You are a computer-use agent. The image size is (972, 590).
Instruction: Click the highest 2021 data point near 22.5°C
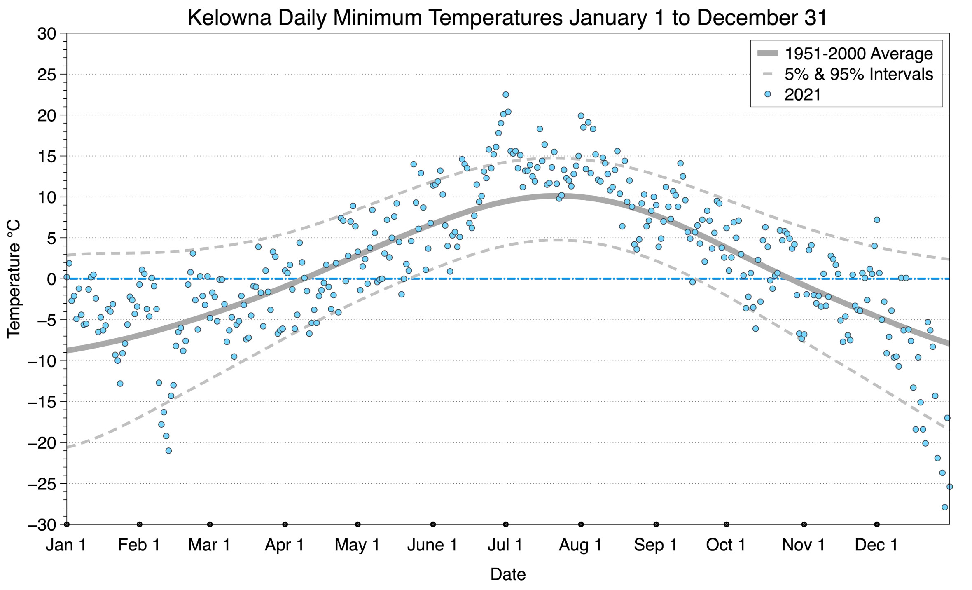(506, 95)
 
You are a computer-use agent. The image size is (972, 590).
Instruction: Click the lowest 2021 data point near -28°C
(945, 507)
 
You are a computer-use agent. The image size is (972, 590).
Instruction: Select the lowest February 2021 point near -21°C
(168, 451)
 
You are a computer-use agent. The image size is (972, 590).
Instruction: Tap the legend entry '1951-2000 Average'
(858, 54)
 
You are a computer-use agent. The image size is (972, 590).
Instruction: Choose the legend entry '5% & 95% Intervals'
(858, 74)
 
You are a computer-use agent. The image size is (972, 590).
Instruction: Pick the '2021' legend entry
(802, 95)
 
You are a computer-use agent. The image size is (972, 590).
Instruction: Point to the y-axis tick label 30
(47, 34)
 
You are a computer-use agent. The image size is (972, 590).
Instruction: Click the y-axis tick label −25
(42, 484)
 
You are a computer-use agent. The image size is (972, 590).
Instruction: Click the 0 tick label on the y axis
(51, 279)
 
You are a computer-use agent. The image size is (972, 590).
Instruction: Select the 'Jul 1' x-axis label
(505, 545)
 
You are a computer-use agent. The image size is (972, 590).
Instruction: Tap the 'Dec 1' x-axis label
(876, 545)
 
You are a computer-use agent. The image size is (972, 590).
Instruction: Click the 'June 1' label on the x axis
(432, 545)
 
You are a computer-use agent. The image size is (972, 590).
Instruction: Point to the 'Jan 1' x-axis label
(66, 545)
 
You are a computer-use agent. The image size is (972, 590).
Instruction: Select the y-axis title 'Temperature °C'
(14, 279)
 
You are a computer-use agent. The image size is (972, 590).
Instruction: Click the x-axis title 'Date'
(508, 574)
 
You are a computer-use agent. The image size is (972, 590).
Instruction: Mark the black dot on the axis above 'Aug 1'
(581, 524)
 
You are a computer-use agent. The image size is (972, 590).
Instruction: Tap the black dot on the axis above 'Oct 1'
(727, 524)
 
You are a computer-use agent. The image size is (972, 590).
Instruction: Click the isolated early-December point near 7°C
(877, 220)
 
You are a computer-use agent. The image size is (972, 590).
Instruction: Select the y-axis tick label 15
(47, 157)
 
